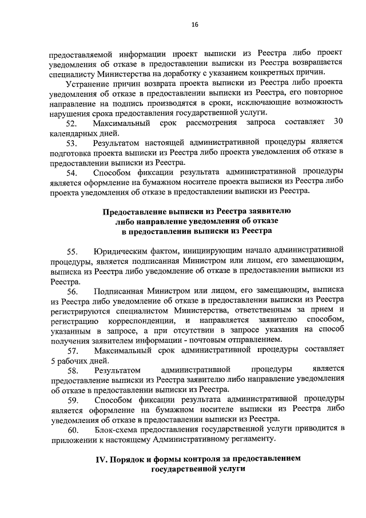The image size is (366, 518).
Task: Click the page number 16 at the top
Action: [x=194, y=25]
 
